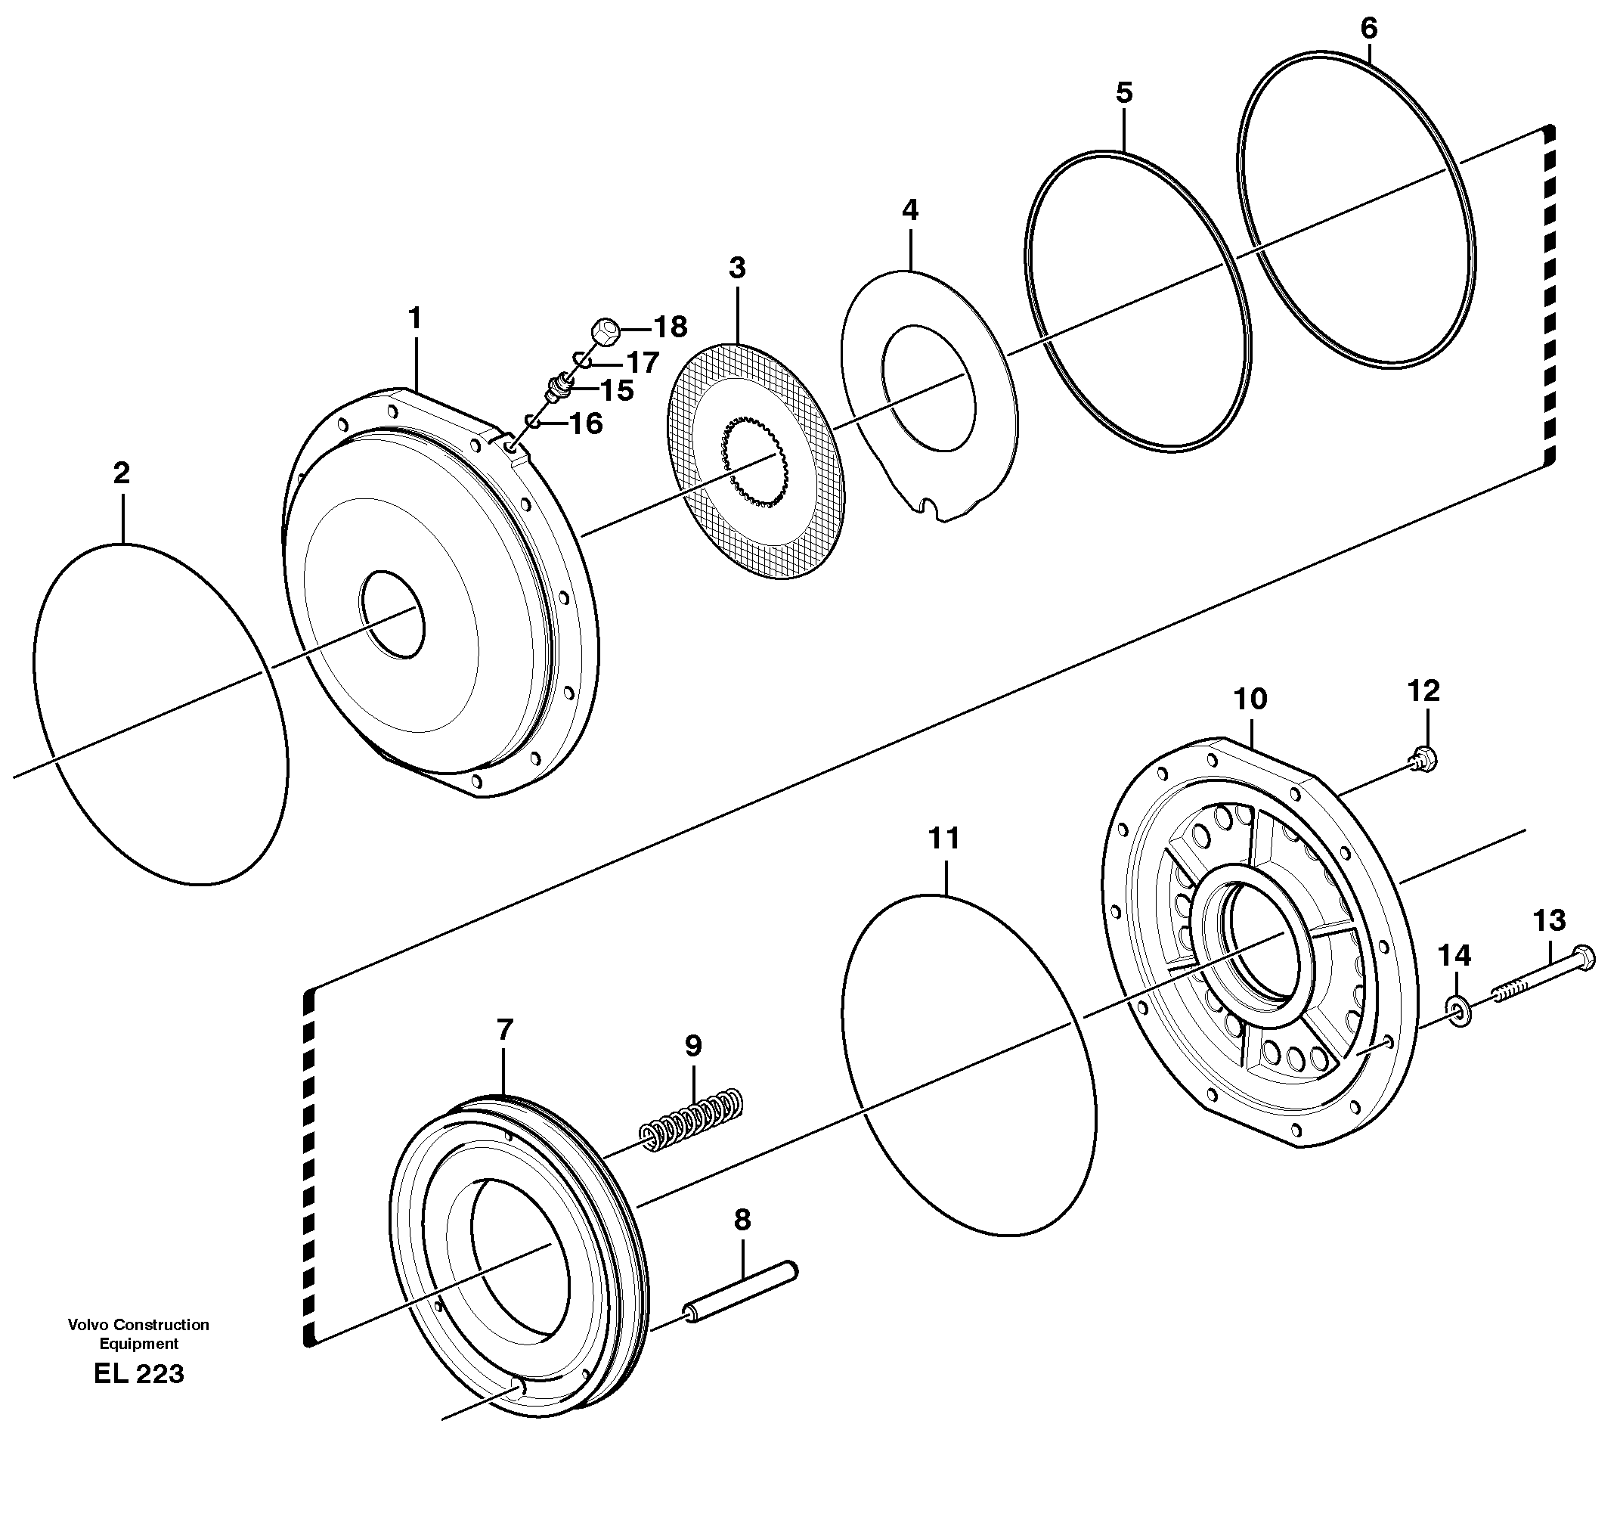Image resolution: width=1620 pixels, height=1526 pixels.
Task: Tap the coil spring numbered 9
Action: click(x=692, y=1119)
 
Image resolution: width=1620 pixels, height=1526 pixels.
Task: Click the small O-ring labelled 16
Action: click(x=532, y=420)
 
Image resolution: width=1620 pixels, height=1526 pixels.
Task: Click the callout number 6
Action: click(x=1368, y=29)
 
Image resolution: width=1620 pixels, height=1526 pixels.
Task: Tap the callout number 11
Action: click(x=943, y=838)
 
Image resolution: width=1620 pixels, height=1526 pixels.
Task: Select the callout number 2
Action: click(x=122, y=473)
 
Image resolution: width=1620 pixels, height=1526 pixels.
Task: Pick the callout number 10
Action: click(x=1250, y=699)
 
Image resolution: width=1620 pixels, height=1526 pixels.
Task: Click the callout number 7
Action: click(x=504, y=1030)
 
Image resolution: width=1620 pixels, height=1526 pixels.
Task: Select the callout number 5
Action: click(x=1124, y=93)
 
